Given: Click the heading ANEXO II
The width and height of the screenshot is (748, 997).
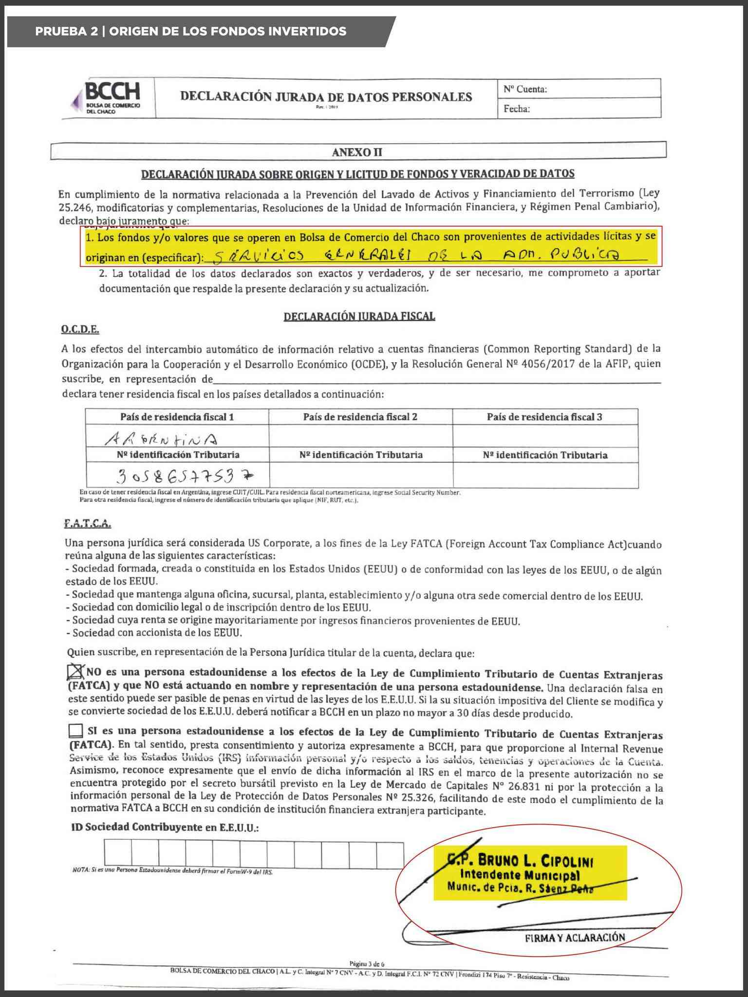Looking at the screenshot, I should pyautogui.click(x=357, y=152).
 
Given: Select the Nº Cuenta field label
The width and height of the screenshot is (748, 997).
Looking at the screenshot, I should pyautogui.click(x=525, y=89).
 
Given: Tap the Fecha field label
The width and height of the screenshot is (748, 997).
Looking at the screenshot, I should pyautogui.click(x=516, y=109).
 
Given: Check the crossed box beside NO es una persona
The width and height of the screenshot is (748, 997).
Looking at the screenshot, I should pyautogui.click(x=75, y=672).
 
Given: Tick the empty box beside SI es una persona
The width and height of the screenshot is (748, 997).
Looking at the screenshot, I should pyautogui.click(x=76, y=731).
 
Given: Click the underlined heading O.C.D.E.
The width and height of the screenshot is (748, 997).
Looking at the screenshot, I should pyautogui.click(x=80, y=330).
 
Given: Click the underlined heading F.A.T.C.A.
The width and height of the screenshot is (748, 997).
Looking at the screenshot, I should pyautogui.click(x=88, y=524).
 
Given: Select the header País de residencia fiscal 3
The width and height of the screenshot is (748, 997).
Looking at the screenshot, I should pyautogui.click(x=544, y=417).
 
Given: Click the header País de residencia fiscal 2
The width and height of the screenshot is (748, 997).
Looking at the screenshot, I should pyautogui.click(x=360, y=417).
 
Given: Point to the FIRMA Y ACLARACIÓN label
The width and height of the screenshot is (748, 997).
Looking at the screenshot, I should pyautogui.click(x=575, y=938).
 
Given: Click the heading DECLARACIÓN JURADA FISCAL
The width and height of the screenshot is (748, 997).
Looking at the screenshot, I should pyautogui.click(x=359, y=316).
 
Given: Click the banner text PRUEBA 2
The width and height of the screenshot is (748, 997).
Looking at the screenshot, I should pyautogui.click(x=66, y=32).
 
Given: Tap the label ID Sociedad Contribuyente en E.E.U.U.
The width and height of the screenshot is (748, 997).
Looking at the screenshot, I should pyautogui.click(x=165, y=827).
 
